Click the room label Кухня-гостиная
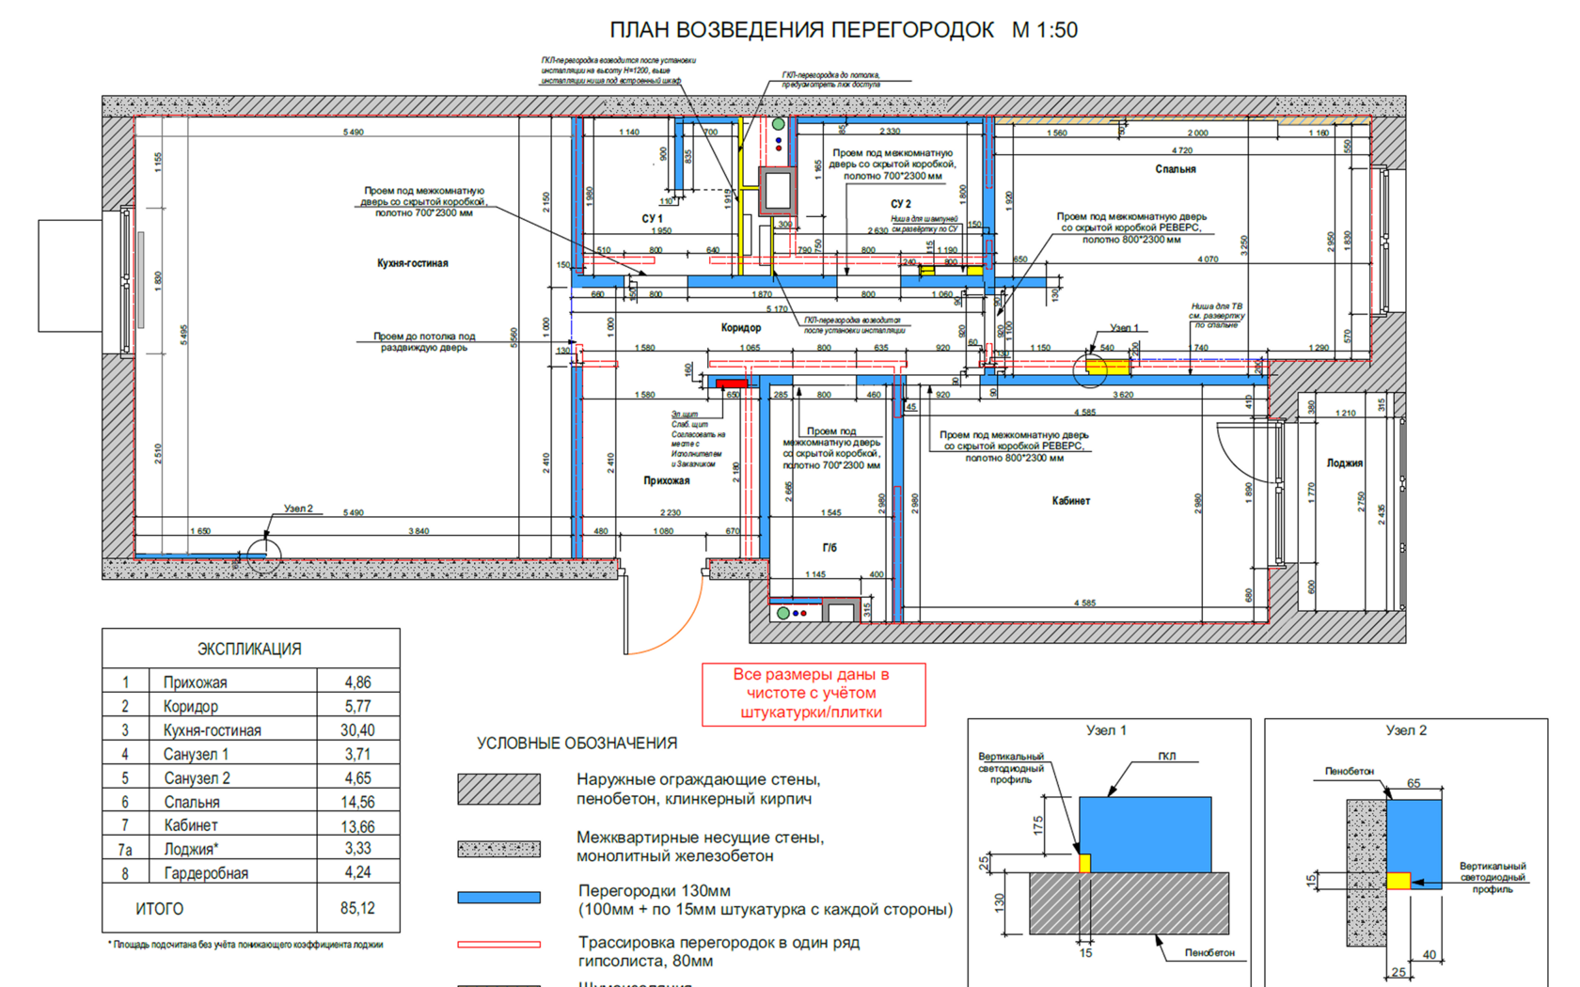[x=412, y=263]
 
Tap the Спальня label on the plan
[x=1175, y=169]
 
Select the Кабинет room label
[x=1070, y=501]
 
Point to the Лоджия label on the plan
[x=1344, y=462]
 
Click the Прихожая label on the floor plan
[x=666, y=480]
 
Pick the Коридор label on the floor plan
[x=741, y=327]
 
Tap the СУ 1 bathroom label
[x=652, y=218]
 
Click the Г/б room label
[x=829, y=547]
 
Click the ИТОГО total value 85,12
[x=357, y=909]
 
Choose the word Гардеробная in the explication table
[x=206, y=873]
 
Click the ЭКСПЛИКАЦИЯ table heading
[x=249, y=649]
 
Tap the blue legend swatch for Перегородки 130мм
[x=498, y=898]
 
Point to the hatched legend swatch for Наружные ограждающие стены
[x=498, y=790]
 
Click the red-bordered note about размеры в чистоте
[x=814, y=694]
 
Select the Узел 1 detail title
[x=1106, y=730]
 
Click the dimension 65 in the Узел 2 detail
[x=1414, y=783]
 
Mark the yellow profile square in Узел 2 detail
[x=1398, y=881]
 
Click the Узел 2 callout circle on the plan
[x=264, y=556]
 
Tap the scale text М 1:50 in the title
[x=1044, y=30]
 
